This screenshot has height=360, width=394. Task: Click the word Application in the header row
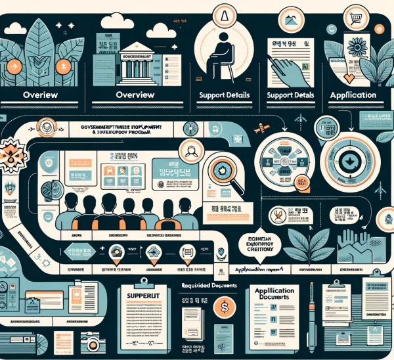[x=354, y=95]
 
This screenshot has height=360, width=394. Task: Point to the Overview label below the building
[x=134, y=95]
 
